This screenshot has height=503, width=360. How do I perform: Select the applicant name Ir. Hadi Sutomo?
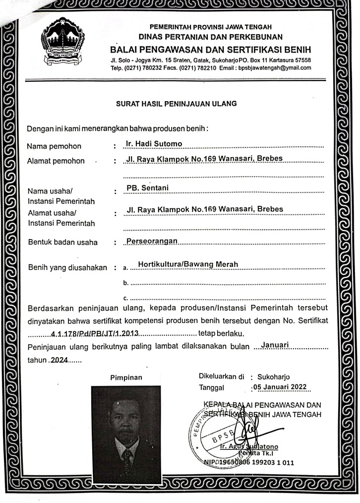coord(155,144)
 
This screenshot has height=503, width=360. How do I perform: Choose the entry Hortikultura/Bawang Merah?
coord(188,264)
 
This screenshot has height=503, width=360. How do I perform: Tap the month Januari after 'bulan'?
coord(278,344)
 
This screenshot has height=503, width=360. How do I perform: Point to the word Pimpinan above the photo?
coord(126,377)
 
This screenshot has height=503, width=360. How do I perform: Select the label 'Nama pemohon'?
coord(54,146)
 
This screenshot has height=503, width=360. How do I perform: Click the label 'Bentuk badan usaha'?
coord(62,243)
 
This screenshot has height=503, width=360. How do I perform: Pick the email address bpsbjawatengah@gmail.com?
coord(275,68)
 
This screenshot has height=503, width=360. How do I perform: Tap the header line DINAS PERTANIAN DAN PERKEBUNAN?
coord(211,37)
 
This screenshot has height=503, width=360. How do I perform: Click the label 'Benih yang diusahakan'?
coord(67,268)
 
